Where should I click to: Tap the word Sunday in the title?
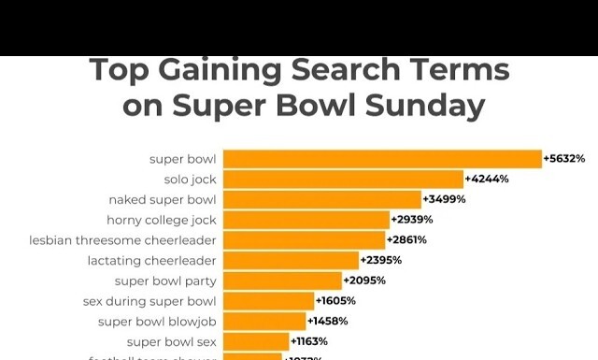[x=425, y=106]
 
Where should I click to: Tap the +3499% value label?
[x=444, y=199]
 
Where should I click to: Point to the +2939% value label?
[x=412, y=220]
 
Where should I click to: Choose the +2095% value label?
[x=364, y=281]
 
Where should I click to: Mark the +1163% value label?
[x=309, y=342]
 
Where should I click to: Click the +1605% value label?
[x=335, y=301]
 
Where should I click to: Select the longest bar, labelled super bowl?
[x=382, y=159]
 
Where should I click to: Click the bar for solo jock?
[x=343, y=179]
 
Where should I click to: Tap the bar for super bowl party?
[x=282, y=281]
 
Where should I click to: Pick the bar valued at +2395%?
[x=291, y=260]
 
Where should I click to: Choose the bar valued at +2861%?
[x=304, y=239]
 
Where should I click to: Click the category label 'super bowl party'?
[x=165, y=281]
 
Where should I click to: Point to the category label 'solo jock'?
[x=190, y=179]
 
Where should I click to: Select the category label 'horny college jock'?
[x=161, y=220]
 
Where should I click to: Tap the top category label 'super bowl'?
[x=182, y=159]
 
